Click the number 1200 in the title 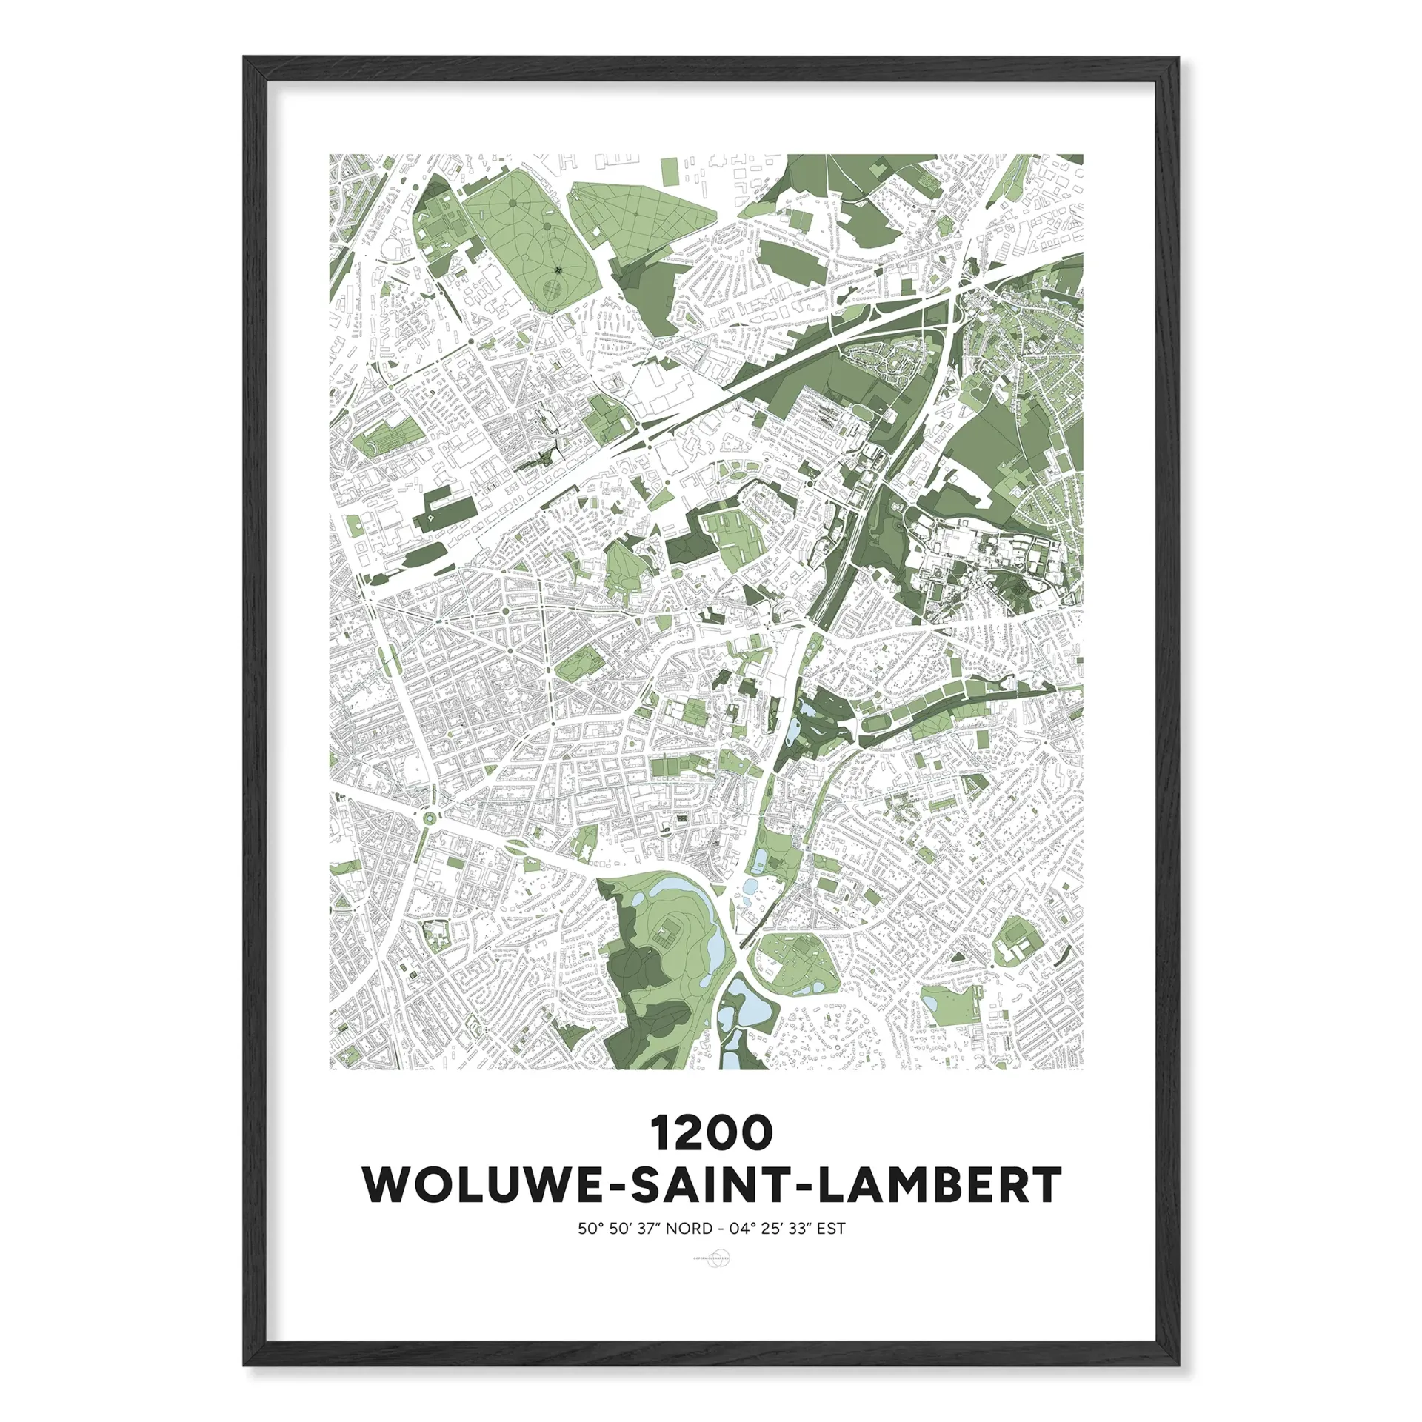[x=711, y=1134]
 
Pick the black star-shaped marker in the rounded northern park [x=558, y=269]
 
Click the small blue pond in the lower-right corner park [x=929, y=1002]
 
